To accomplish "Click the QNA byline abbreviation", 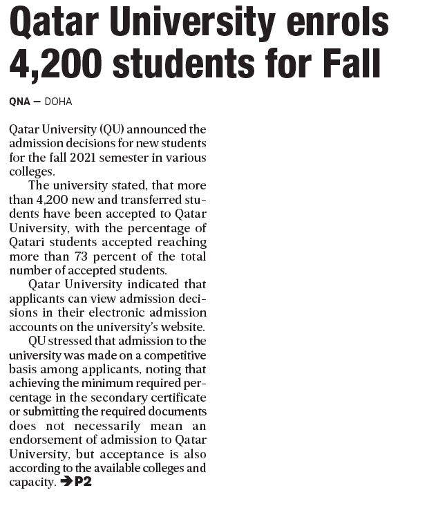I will [19, 102].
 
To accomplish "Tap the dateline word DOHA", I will [58, 102].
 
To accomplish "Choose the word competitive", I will [173, 355].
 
